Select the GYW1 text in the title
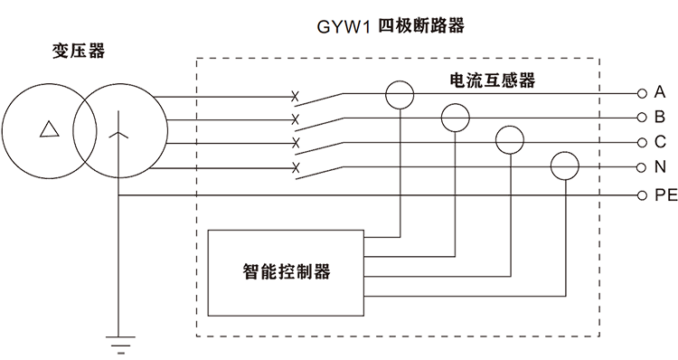[x=345, y=26]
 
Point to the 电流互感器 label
[x=492, y=81]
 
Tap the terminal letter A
[x=660, y=93]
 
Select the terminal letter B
[x=660, y=118]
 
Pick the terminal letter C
[x=660, y=142]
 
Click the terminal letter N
[x=660, y=166]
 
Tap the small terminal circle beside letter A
[x=642, y=93]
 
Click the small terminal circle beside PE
[x=642, y=194]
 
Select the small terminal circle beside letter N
[x=642, y=167]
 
